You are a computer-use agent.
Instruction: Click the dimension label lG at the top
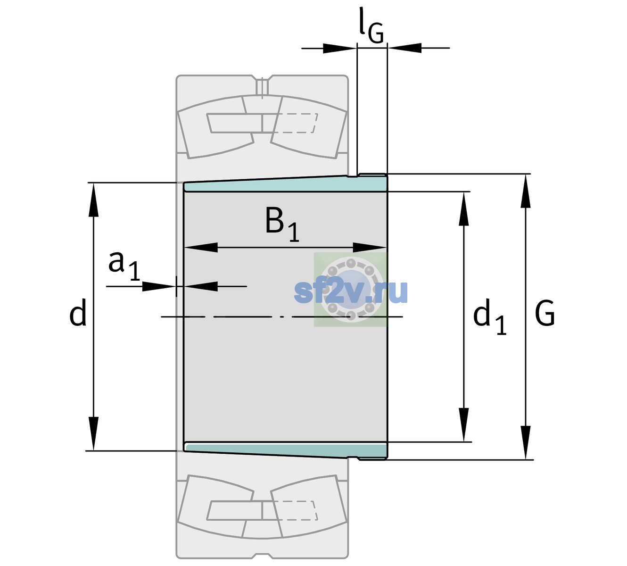371,26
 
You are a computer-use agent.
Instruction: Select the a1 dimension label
124,266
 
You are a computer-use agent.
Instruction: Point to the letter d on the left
77,312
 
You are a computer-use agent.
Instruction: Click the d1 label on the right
490,316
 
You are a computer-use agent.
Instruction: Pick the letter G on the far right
545,313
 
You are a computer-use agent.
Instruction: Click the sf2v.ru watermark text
351,291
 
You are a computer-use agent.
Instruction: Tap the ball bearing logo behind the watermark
351,290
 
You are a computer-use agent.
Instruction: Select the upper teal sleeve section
285,184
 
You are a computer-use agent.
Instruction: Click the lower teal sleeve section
285,451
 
